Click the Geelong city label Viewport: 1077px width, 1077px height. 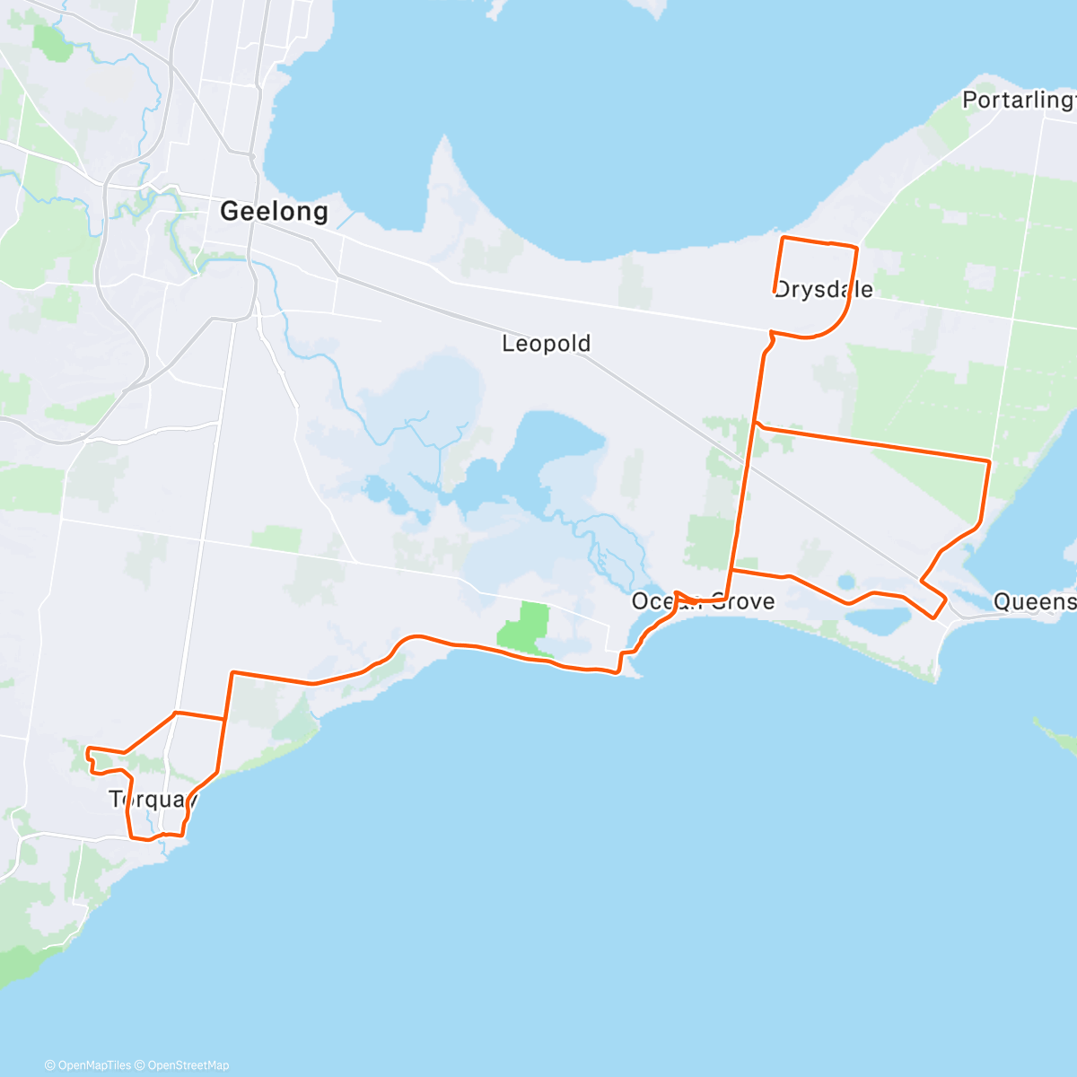[274, 212]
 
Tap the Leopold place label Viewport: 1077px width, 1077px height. [546, 344]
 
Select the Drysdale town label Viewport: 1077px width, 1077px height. [824, 290]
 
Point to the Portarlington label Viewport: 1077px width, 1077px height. [1019, 100]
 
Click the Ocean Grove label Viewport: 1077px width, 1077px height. [703, 601]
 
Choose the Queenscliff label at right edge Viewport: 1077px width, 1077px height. [1034, 601]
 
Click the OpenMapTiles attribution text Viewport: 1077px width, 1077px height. [87, 1065]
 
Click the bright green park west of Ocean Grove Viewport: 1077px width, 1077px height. [525, 625]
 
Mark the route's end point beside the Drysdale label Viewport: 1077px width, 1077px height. [775, 290]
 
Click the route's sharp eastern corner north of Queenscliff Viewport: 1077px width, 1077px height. [989, 461]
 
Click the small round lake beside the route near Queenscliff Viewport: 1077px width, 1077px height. [845, 582]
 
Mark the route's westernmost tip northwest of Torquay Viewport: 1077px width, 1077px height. [86, 749]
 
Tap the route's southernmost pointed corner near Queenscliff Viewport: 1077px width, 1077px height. [934, 617]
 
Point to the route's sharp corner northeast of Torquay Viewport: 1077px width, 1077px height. [232, 672]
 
